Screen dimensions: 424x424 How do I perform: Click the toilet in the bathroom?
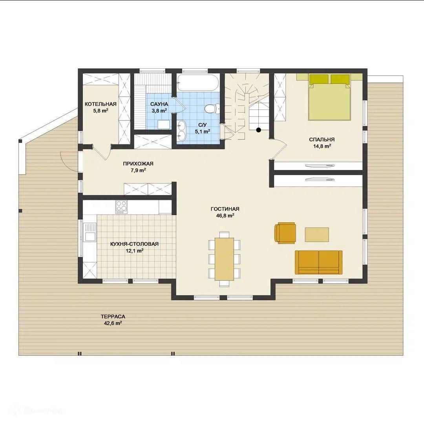click(x=212, y=109)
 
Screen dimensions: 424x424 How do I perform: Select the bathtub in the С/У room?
click(x=197, y=83)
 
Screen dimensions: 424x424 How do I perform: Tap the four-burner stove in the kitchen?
click(x=121, y=207)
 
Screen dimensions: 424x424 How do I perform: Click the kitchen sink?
click(x=90, y=232)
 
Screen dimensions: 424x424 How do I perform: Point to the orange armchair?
click(x=285, y=233)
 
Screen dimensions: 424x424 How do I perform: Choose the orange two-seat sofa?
click(x=318, y=262)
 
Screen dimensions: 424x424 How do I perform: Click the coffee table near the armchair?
click(x=317, y=234)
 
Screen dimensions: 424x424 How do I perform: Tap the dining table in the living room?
click(x=225, y=259)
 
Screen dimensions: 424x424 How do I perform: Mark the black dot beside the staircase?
click(x=258, y=130)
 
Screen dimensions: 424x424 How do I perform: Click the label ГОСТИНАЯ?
click(x=225, y=209)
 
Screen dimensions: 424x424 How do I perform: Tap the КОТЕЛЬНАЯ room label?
click(x=101, y=104)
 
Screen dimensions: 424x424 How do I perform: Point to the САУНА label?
click(x=159, y=104)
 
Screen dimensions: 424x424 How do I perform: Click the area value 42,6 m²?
click(x=113, y=323)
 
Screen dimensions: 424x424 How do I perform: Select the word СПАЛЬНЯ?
click(x=322, y=139)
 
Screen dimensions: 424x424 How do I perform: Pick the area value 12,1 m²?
click(x=134, y=250)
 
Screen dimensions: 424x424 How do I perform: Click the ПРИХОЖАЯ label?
click(x=138, y=164)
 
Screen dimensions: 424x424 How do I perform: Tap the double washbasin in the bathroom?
click(x=181, y=130)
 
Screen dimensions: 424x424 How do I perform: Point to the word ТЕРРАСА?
click(x=113, y=316)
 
